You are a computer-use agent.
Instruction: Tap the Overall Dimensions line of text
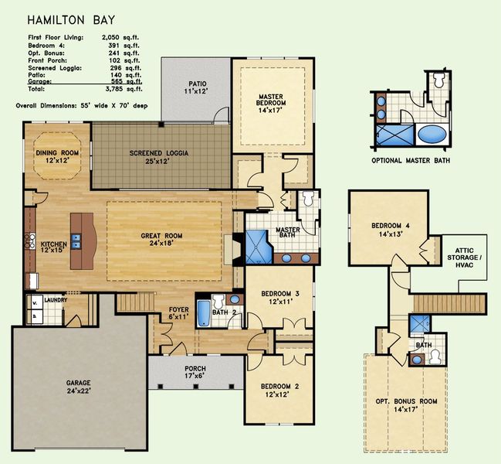point(81,104)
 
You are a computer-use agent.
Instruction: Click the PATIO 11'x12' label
point(195,87)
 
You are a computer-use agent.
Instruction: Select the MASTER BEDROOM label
point(272,102)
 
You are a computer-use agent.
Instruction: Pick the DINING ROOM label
point(58,156)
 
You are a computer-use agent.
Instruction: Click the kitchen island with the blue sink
point(80,240)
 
